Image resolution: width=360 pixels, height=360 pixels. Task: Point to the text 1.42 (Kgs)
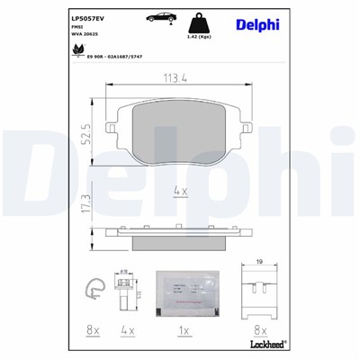199,39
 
